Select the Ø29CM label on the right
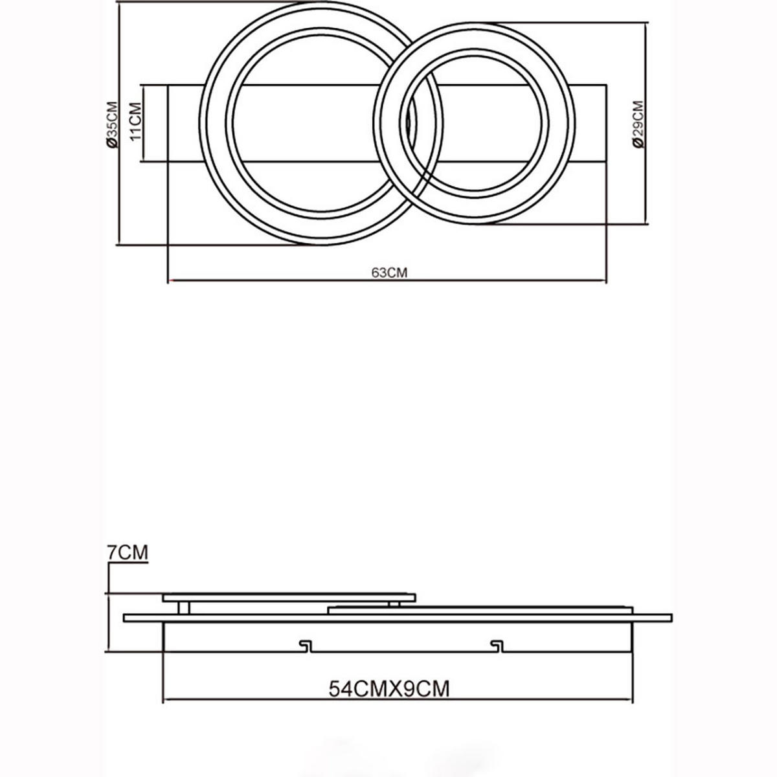(638, 124)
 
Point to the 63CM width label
(388, 273)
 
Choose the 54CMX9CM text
(388, 688)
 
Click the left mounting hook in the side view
(304, 646)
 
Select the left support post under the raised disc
(185, 607)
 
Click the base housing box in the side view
(398, 638)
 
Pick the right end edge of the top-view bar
(606, 123)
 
